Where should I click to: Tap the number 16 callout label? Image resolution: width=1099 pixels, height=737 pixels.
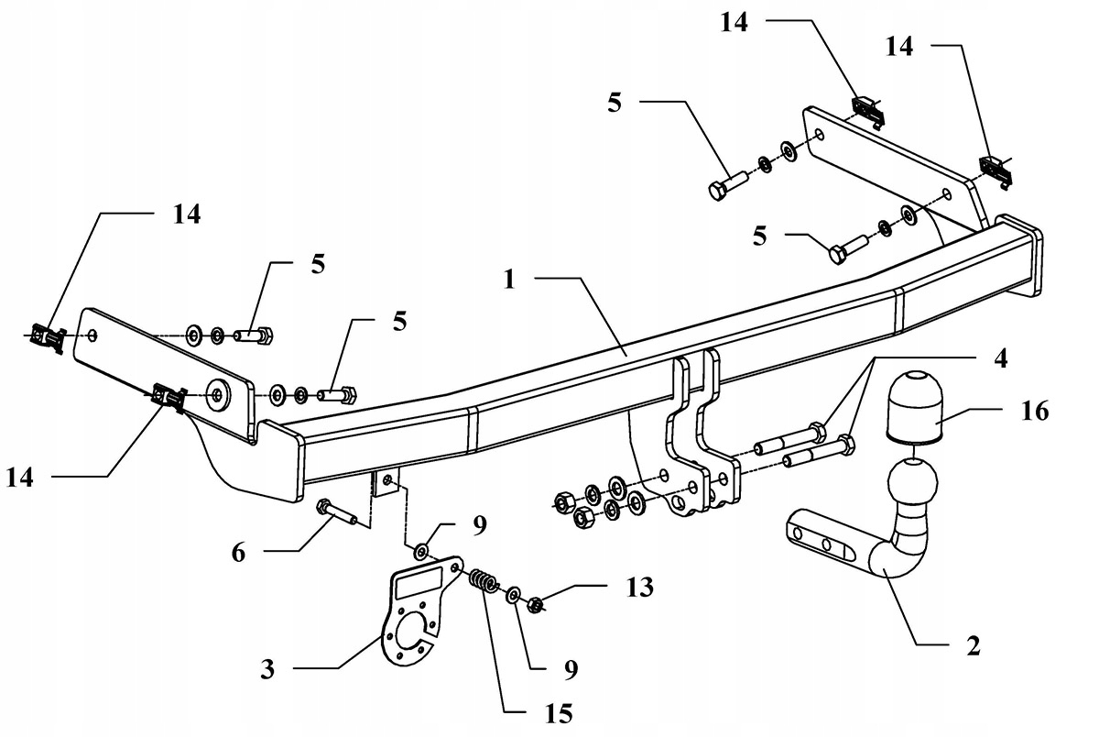tap(1034, 412)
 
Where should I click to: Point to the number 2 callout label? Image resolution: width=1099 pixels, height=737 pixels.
tap(973, 646)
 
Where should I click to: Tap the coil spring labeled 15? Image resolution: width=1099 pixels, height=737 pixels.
tap(484, 583)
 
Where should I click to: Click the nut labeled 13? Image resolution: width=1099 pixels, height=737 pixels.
tap(537, 604)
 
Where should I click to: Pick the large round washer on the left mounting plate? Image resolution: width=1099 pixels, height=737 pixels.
tap(218, 394)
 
